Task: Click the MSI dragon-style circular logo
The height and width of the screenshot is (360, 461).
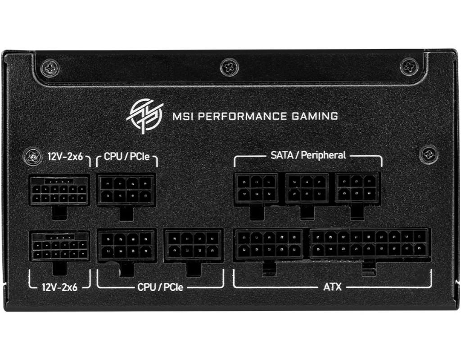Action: click(x=145, y=117)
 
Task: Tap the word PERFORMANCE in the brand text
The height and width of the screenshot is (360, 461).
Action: click(x=242, y=117)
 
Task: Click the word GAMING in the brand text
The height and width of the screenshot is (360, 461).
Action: click(x=315, y=117)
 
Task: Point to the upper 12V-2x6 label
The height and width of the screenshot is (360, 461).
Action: click(x=65, y=156)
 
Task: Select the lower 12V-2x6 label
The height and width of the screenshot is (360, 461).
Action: click(x=60, y=287)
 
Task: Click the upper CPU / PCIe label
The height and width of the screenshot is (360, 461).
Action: click(x=127, y=156)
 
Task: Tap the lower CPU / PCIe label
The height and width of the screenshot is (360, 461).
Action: click(x=160, y=287)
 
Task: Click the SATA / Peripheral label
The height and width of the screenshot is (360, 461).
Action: click(x=308, y=155)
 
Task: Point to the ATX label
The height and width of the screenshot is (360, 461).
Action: click(x=333, y=286)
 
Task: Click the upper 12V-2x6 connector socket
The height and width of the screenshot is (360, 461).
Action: click(x=59, y=190)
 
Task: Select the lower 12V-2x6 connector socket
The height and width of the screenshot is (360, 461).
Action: click(x=59, y=246)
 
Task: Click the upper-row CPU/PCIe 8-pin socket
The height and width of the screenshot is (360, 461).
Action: click(x=126, y=189)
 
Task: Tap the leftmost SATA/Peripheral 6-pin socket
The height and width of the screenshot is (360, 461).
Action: click(x=256, y=189)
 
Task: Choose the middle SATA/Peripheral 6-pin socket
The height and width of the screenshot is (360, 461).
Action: click(x=307, y=189)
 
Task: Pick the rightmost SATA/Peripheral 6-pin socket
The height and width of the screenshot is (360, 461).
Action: click(x=357, y=189)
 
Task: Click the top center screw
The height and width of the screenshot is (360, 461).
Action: click(x=230, y=67)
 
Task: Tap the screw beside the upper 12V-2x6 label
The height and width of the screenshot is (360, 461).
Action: click(x=33, y=157)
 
